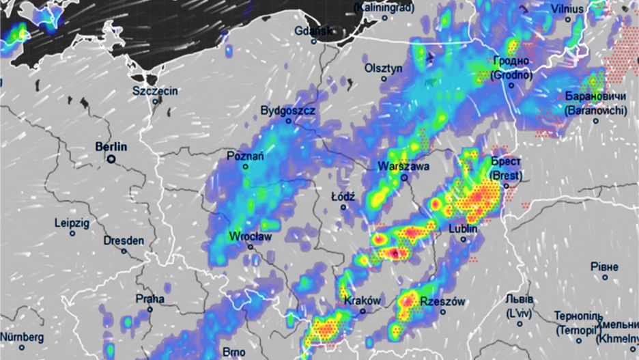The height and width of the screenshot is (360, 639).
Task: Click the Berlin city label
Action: [x=112, y=146]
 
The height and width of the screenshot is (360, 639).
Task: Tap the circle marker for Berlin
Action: [x=111, y=159]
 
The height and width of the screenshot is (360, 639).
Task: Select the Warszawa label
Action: [x=403, y=166]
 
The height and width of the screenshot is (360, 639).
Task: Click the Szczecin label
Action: [x=155, y=91]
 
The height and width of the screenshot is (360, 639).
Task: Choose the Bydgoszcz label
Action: [x=287, y=110]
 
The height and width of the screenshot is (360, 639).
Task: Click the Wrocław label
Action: [x=251, y=236]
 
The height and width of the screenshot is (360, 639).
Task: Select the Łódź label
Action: [x=343, y=196]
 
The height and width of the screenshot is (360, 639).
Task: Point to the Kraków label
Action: [x=363, y=301]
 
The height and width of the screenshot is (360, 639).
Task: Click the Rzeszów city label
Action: [x=442, y=301]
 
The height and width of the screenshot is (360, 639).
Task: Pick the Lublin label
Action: [x=462, y=230]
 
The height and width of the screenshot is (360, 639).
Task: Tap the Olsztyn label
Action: [x=384, y=68]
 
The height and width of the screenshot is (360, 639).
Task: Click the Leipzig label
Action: [x=72, y=223]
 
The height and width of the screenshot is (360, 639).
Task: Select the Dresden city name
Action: [x=124, y=240]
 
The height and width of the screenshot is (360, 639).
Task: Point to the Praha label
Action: [x=150, y=299]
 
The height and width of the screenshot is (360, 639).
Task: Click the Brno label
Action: [x=233, y=352]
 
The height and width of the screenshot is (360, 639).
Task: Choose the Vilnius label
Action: [x=568, y=9]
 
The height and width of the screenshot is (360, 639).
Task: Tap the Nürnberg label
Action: [x=22, y=337]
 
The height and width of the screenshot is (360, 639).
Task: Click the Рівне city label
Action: [x=604, y=266]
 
